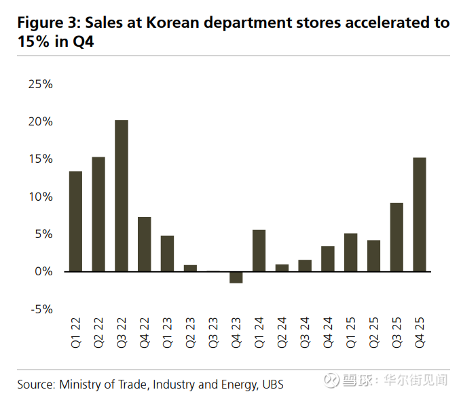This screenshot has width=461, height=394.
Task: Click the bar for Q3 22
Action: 122,195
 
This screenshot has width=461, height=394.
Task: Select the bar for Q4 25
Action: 420,214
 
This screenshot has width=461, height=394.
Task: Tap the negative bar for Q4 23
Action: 236,277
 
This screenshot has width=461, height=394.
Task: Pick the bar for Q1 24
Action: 259,250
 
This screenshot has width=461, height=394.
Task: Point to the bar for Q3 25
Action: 397,237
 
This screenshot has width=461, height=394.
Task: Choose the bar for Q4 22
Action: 145,244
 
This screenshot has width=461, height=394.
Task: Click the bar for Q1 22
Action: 75,221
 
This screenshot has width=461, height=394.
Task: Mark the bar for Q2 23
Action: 190,268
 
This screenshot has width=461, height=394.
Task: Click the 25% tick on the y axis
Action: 40,85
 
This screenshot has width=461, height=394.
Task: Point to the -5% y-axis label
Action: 40,309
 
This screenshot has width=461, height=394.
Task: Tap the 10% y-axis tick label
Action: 40,197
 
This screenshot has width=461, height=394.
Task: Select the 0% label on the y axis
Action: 43,272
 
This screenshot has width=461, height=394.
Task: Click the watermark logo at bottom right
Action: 332,380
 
